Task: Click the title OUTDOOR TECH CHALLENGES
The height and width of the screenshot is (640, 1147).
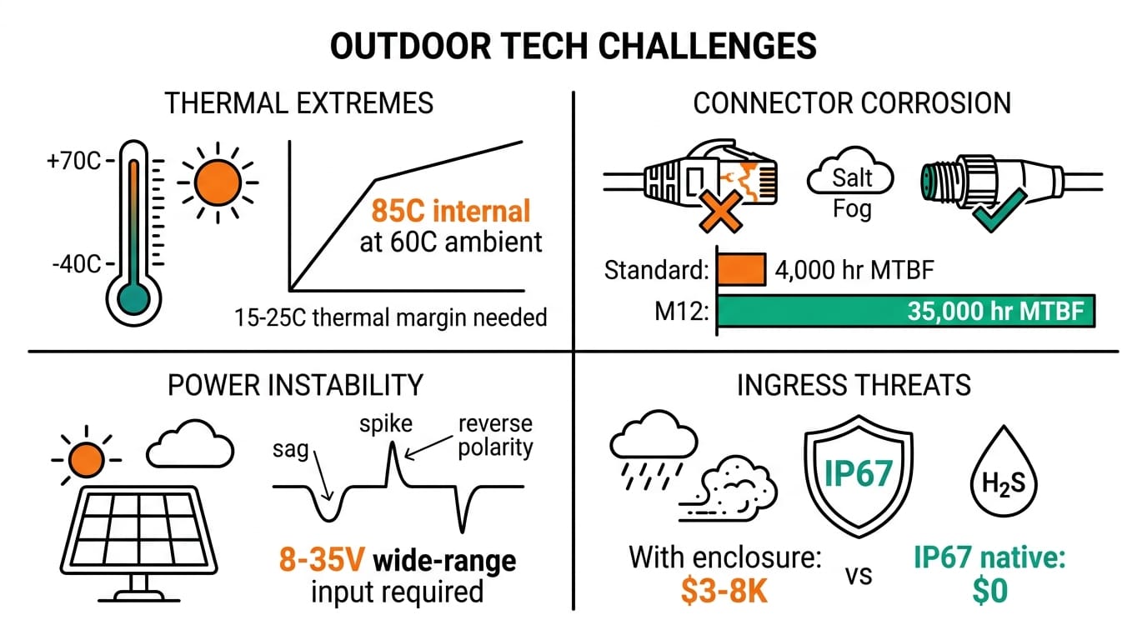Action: [573, 47]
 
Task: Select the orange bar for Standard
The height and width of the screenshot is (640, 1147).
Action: [740, 270]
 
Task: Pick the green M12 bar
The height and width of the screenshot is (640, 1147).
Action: [905, 312]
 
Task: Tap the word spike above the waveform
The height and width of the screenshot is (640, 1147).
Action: [386, 423]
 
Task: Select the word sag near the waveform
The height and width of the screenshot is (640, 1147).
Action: [290, 451]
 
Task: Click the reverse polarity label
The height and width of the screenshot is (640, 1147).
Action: [495, 435]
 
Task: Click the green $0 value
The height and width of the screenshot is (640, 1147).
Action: [989, 591]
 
